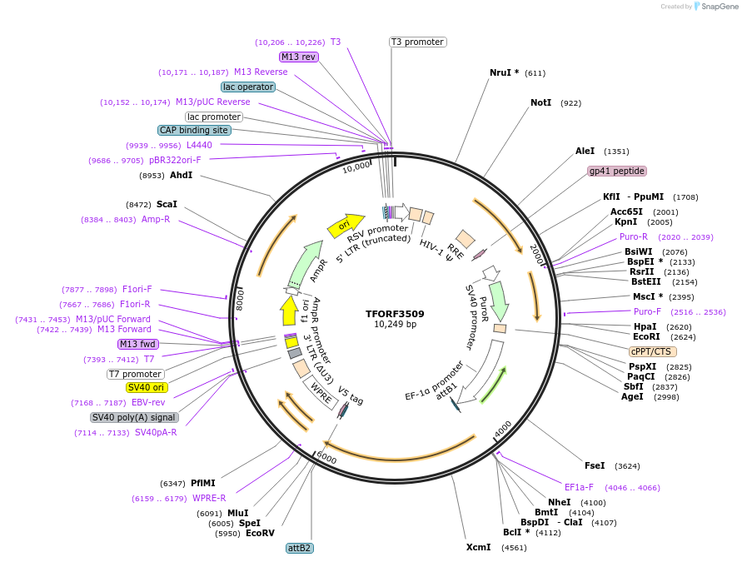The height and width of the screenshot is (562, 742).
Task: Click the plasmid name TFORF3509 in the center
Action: (x=395, y=314)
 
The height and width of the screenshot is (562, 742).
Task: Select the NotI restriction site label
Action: (x=540, y=102)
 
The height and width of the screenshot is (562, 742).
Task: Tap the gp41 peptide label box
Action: (x=617, y=171)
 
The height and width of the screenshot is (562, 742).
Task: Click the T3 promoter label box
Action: (x=417, y=42)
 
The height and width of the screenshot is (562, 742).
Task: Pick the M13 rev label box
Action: (x=298, y=57)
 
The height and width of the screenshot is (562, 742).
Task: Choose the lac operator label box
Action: (x=248, y=87)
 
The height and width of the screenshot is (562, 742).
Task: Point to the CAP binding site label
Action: (x=194, y=130)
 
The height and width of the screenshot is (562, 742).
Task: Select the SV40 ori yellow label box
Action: (x=147, y=387)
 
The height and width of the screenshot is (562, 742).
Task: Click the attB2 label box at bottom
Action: (x=299, y=548)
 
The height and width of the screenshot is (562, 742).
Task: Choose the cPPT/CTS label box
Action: (x=653, y=351)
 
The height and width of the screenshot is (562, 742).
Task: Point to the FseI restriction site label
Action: (x=595, y=465)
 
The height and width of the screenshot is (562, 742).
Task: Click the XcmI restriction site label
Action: (x=478, y=547)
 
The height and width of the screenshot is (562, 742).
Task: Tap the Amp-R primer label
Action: (x=156, y=219)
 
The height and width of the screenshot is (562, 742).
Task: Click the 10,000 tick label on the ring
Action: (x=356, y=166)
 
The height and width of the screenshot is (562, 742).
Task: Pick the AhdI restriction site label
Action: (x=181, y=175)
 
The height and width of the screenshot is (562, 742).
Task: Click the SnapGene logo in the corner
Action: (x=712, y=7)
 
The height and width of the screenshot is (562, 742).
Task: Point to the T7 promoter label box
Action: (x=135, y=374)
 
